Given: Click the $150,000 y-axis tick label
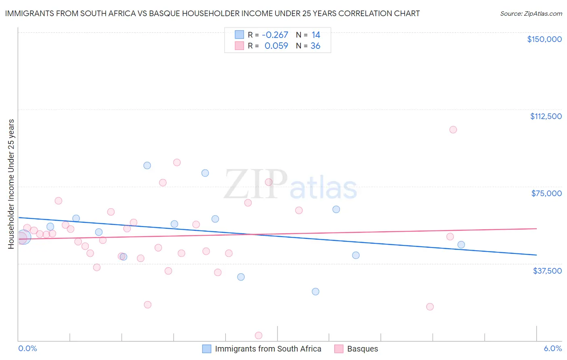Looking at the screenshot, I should point(544,39).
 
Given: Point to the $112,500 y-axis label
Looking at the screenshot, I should point(546,116).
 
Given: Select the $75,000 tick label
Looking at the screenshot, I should point(546,193).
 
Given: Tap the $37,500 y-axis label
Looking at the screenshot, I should point(547,271).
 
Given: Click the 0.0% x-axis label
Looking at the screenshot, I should point(28,348).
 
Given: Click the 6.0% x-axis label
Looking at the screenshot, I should point(552,348).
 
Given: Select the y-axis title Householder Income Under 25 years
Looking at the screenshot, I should point(11,184).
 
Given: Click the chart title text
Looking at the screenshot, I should point(212,13).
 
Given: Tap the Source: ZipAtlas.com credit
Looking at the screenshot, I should point(531,14).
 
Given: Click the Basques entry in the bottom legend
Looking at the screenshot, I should point(362,349).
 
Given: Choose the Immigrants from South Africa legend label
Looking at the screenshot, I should point(268,349).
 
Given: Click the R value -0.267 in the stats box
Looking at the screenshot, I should point(275,35).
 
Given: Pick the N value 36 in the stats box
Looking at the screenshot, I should point(315,46).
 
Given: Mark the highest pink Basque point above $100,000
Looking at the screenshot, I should point(453,130).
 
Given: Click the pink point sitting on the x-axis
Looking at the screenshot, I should point(258,335).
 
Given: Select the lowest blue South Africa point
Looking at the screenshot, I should point(315,291).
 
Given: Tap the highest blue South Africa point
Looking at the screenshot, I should point(147,165).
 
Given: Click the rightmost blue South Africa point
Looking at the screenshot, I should point(461,245).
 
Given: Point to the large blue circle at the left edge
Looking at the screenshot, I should point(23,237).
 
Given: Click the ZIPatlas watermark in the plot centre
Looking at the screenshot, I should point(290,185).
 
